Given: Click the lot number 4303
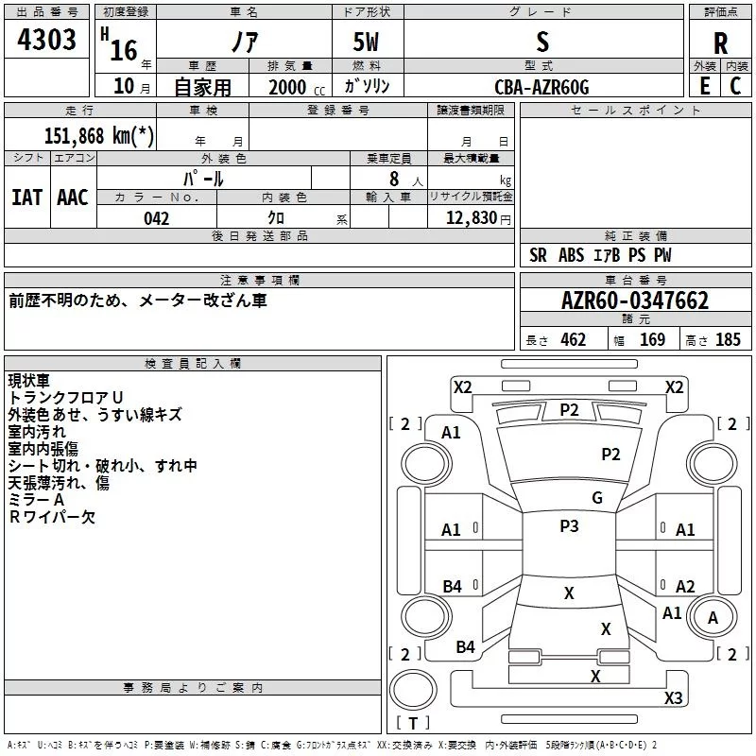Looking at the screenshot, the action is [46, 39].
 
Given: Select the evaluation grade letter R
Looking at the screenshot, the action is [720, 43].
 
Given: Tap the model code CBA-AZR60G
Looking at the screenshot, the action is [541, 87].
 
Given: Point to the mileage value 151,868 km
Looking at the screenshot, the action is [99, 136].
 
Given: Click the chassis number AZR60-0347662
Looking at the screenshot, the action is [635, 301].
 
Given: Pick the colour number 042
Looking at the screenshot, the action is [157, 218].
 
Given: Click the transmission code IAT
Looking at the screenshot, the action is [27, 198].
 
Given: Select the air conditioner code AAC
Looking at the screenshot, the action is [73, 198].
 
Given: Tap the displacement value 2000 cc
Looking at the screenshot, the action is [297, 87].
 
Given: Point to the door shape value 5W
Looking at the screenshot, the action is [366, 42].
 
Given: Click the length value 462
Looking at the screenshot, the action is [574, 339].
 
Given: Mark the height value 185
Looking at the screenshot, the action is [728, 339].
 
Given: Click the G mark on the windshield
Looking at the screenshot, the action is [597, 498].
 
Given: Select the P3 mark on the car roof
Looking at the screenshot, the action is [569, 526].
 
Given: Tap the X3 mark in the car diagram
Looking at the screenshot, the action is [673, 697].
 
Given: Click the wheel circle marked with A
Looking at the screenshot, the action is [713, 617].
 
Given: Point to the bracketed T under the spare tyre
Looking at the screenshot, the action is [413, 723].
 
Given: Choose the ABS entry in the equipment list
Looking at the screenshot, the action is [572, 255].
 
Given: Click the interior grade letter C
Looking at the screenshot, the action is [735, 86].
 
